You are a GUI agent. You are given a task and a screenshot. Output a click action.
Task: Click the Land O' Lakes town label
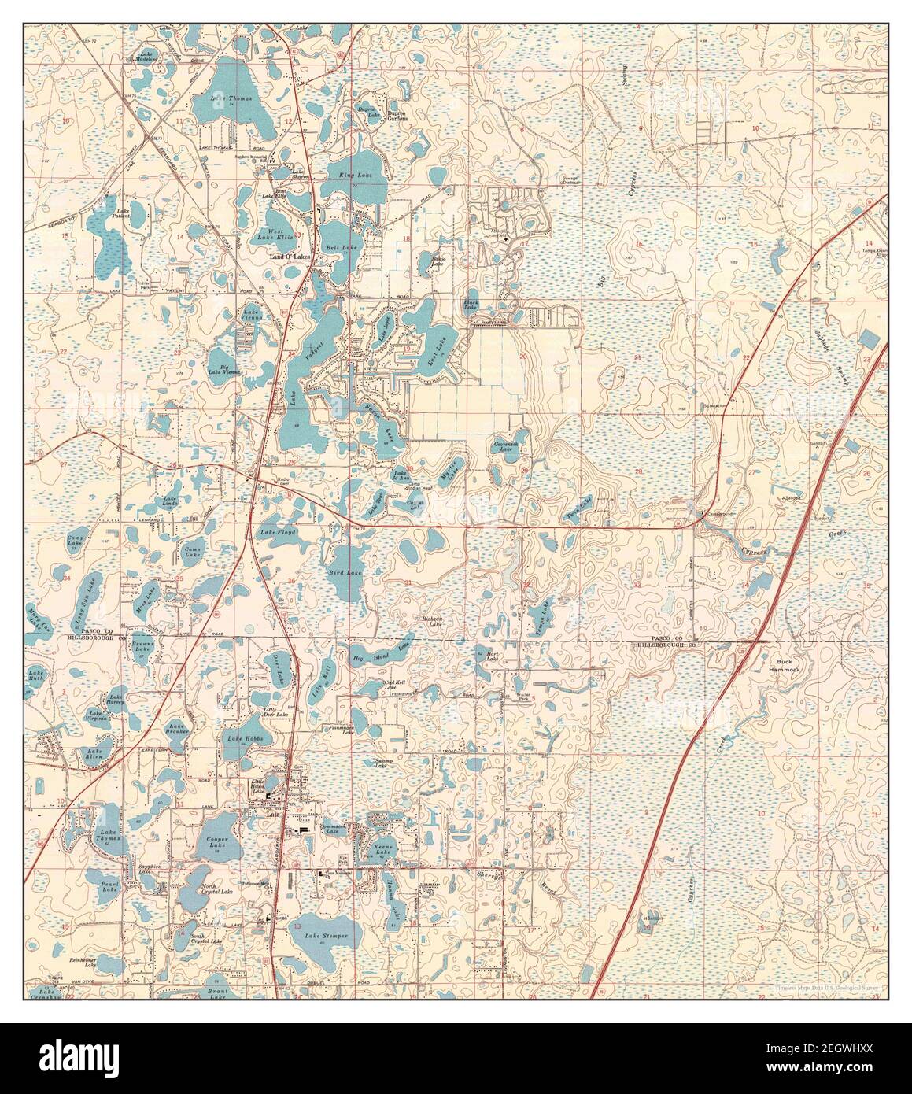pos(282,258)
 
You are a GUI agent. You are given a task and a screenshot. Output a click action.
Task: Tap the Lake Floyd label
pos(278,533)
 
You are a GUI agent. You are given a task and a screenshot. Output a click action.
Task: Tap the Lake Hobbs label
pos(244,739)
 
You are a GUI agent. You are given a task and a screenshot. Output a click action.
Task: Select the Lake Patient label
pos(122,213)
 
